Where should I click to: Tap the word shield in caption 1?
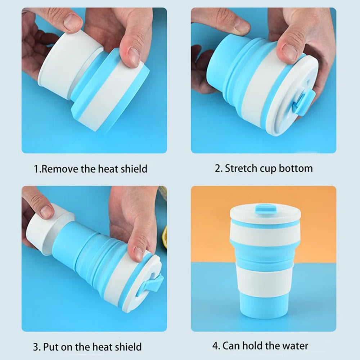pos(134,168)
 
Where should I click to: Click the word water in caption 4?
pos(293,346)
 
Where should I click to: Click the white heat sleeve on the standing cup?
pos(265,284)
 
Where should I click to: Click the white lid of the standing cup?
pos(265,216)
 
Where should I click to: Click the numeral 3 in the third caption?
pos(36,347)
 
